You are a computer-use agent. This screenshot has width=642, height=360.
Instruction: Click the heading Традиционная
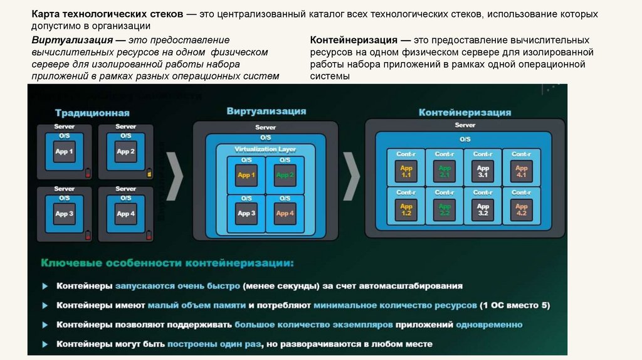pyautogui.click(x=92, y=113)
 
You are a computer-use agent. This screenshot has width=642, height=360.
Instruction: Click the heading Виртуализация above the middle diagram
pyautogui.click(x=266, y=111)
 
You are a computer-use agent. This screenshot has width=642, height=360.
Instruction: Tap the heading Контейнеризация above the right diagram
pyautogui.click(x=465, y=112)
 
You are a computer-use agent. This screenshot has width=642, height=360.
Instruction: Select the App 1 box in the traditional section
pyautogui.click(x=64, y=152)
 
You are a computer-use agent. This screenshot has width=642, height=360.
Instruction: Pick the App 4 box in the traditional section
pyautogui.click(x=125, y=214)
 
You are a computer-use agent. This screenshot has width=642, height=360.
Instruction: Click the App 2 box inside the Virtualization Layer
pyautogui.click(x=285, y=175)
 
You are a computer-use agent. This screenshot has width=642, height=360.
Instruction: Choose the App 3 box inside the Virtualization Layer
pyautogui.click(x=246, y=213)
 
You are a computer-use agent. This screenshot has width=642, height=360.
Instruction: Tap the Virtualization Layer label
pyautogui.click(x=265, y=149)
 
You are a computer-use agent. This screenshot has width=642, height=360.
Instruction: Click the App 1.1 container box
pyautogui.click(x=406, y=171)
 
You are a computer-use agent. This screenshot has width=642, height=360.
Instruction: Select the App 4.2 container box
pyautogui.click(x=522, y=210)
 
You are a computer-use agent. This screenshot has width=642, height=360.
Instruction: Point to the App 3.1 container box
pyautogui.click(x=483, y=171)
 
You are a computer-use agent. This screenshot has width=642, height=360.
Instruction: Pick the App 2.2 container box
pyautogui.click(x=445, y=210)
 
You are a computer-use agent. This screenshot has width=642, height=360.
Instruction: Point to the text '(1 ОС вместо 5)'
pyautogui.click(x=515, y=305)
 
